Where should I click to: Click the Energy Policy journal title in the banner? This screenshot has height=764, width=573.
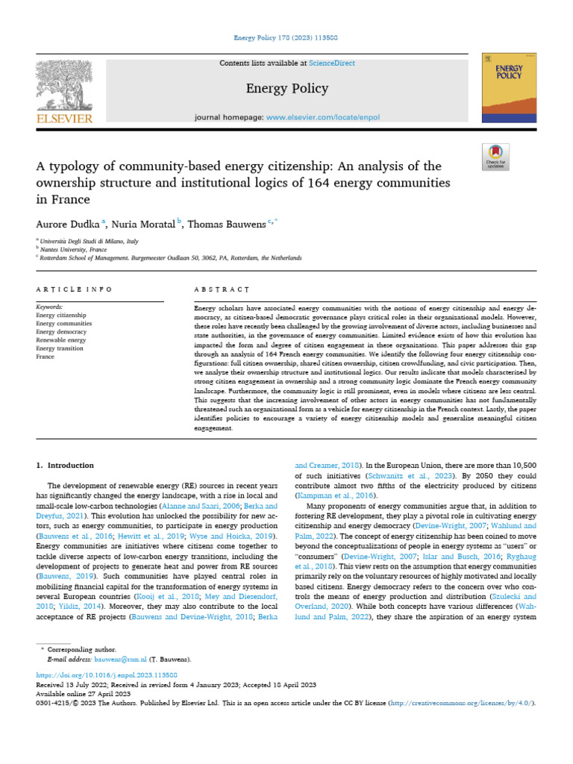[x=287, y=89]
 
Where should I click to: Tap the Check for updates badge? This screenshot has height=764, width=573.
[x=496, y=156]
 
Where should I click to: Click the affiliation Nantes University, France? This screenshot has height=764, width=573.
[x=71, y=249]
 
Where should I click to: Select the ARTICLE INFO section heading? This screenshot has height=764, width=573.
[x=75, y=289]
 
